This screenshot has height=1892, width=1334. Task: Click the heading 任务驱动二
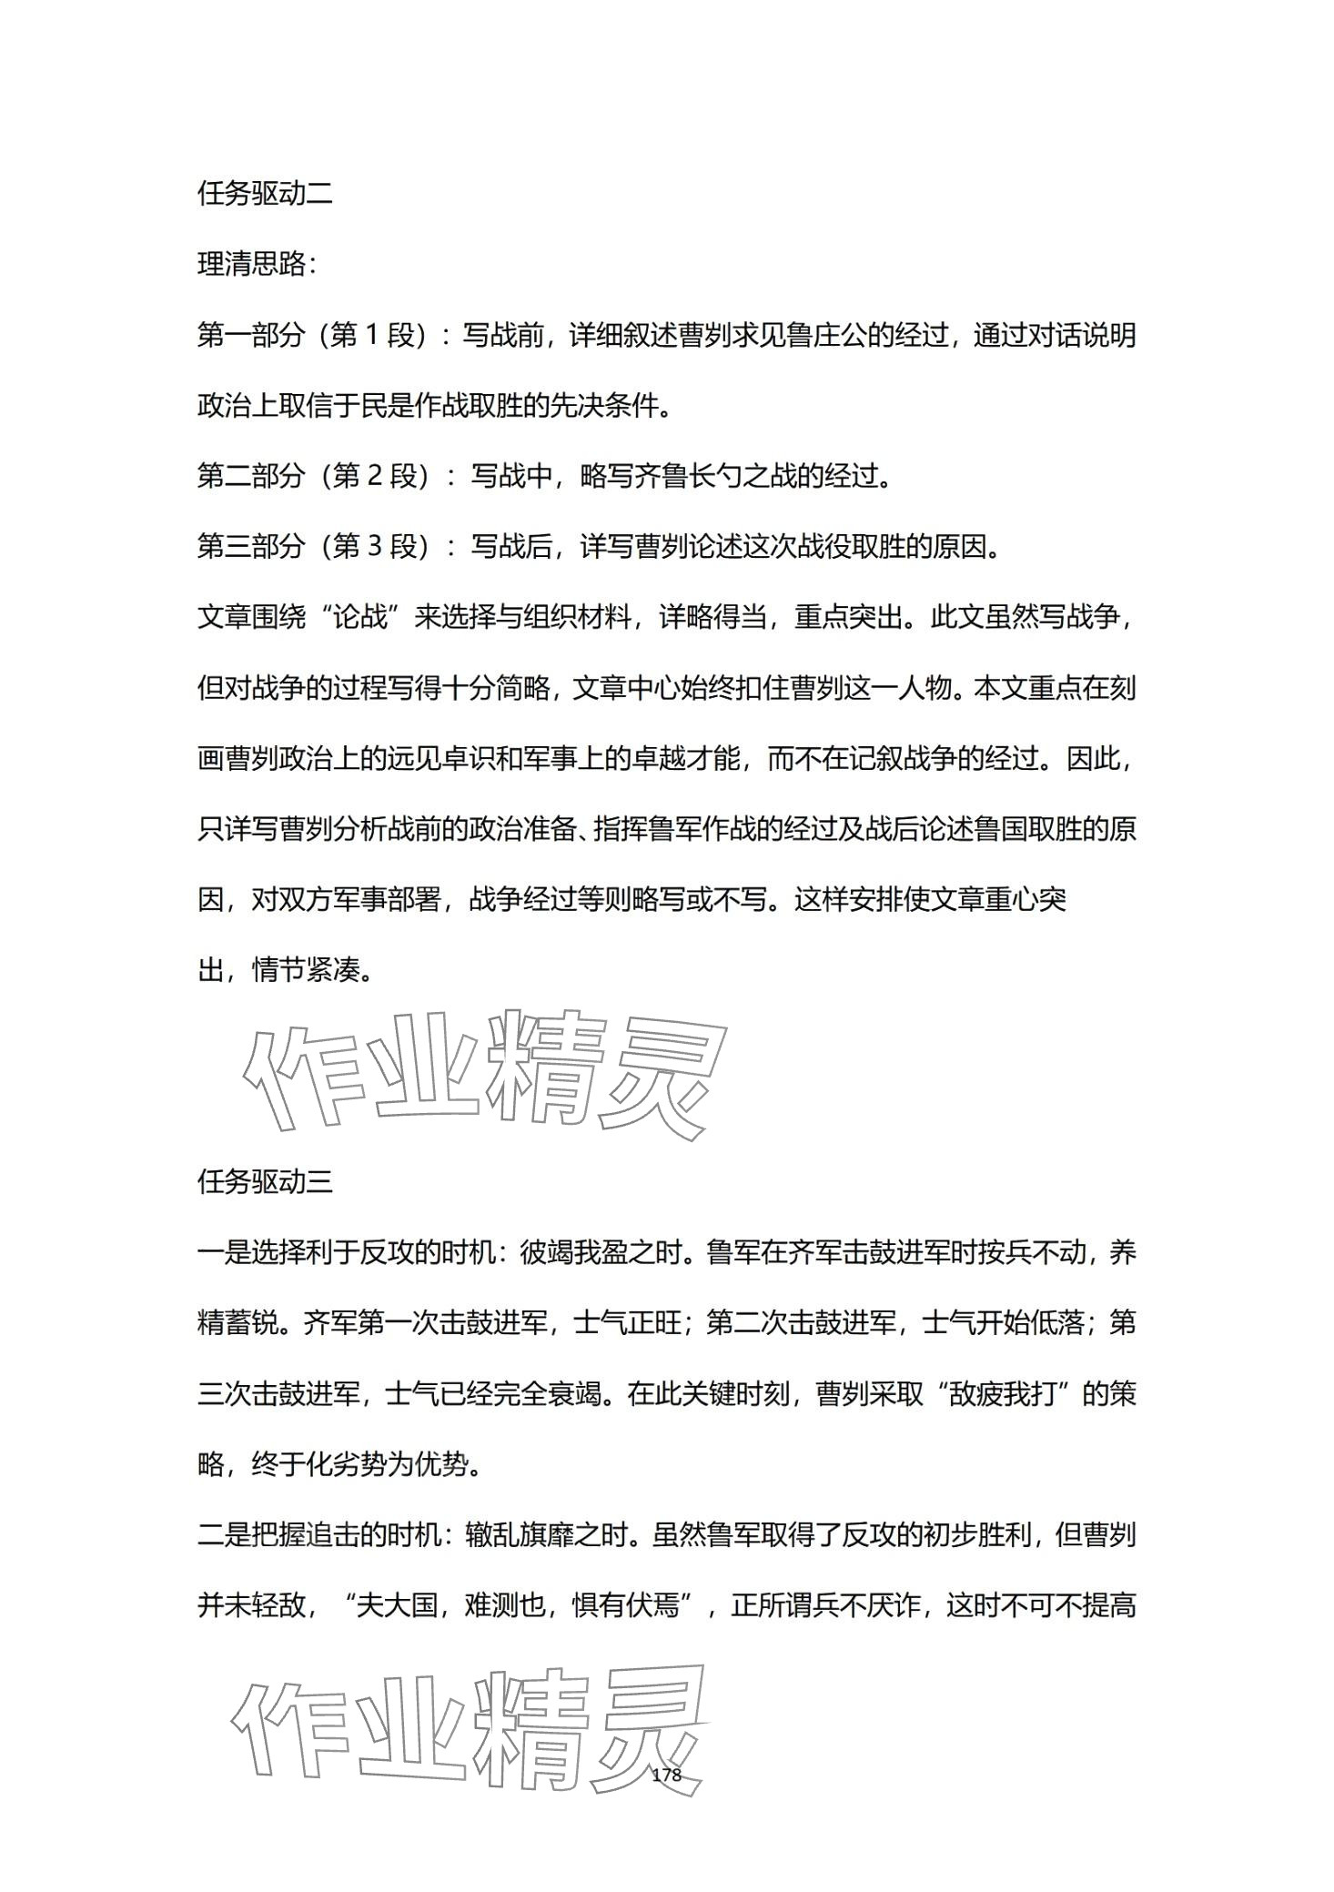265,194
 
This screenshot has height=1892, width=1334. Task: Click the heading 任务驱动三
265,1182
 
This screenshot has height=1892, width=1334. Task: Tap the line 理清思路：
258,265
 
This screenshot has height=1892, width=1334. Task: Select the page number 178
667,1775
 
